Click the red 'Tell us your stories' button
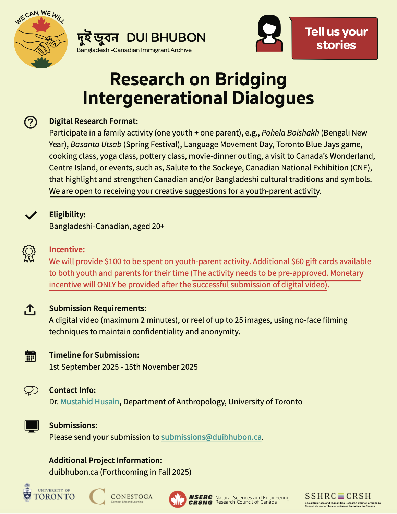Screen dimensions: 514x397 (x=335, y=38)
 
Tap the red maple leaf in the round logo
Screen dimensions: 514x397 (x=41, y=25)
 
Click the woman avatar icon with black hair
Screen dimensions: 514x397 (x=269, y=34)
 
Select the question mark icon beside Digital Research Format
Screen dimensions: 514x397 (x=31, y=122)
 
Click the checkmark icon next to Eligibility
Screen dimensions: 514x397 (x=31, y=215)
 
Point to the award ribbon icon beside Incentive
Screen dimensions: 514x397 (x=29, y=254)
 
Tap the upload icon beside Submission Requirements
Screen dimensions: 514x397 (x=30, y=309)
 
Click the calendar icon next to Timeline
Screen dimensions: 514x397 (x=30, y=356)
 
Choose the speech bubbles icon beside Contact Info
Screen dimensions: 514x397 (x=31, y=390)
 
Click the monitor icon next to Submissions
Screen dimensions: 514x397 (x=32, y=426)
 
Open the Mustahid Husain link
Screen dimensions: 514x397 (x=90, y=402)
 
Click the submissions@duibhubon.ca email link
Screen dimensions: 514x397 (x=211, y=437)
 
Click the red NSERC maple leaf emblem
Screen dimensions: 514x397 (x=177, y=500)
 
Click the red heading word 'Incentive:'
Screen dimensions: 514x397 (x=67, y=249)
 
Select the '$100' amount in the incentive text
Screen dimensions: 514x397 (x=113, y=261)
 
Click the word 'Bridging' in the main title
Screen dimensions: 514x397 (x=251, y=79)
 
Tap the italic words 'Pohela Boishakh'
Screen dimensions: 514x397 (x=290, y=133)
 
